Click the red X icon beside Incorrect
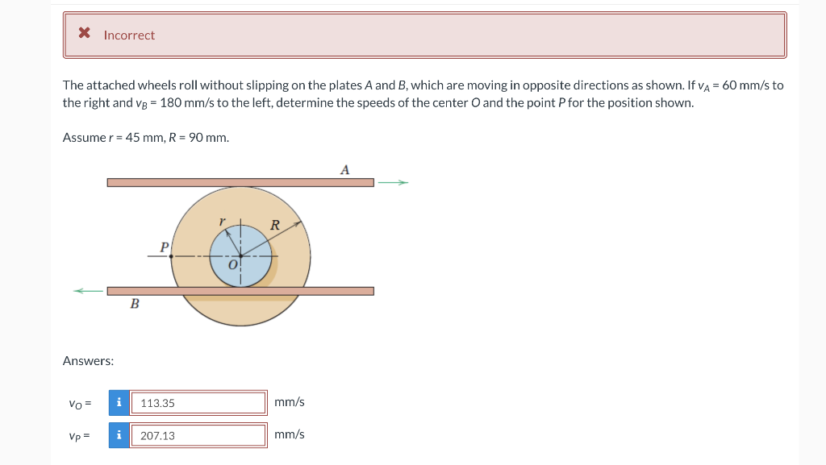(x=84, y=34)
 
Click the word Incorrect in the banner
(x=129, y=35)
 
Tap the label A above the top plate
(x=345, y=169)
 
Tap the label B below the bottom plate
(x=134, y=305)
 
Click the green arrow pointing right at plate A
(x=394, y=183)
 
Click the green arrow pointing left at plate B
(x=90, y=291)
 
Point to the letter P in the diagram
(x=164, y=247)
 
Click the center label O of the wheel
(x=232, y=265)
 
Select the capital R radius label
(x=274, y=226)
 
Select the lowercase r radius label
(x=222, y=221)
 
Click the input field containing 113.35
(x=198, y=403)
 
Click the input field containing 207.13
(x=198, y=435)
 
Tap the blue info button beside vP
(x=119, y=435)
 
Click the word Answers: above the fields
(x=88, y=361)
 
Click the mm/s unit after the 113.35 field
(x=290, y=401)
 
